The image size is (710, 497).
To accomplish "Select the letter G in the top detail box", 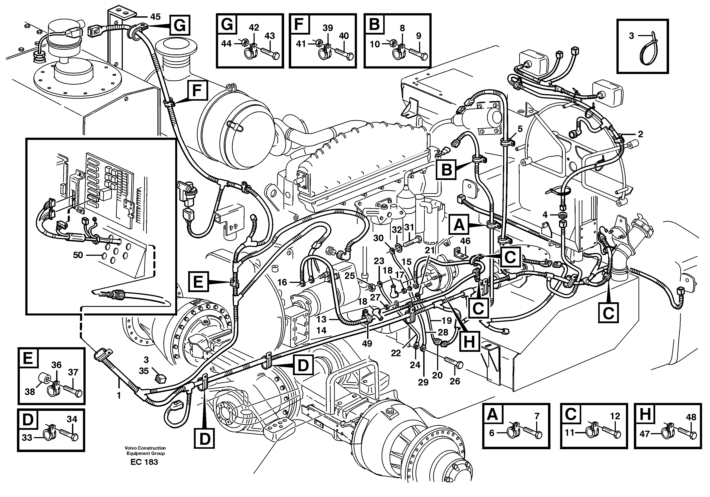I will (x=227, y=24).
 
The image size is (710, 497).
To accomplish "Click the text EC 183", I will (x=144, y=462).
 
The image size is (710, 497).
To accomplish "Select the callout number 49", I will (x=367, y=343).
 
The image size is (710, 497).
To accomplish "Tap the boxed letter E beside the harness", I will (x=198, y=282).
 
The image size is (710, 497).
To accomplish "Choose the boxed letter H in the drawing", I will (x=469, y=342).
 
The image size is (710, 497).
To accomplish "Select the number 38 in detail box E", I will (x=30, y=391).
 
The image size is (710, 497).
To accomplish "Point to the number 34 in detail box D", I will (x=72, y=419).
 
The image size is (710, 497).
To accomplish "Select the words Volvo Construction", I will (x=145, y=448).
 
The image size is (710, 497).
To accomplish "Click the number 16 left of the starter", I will (x=282, y=282).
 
